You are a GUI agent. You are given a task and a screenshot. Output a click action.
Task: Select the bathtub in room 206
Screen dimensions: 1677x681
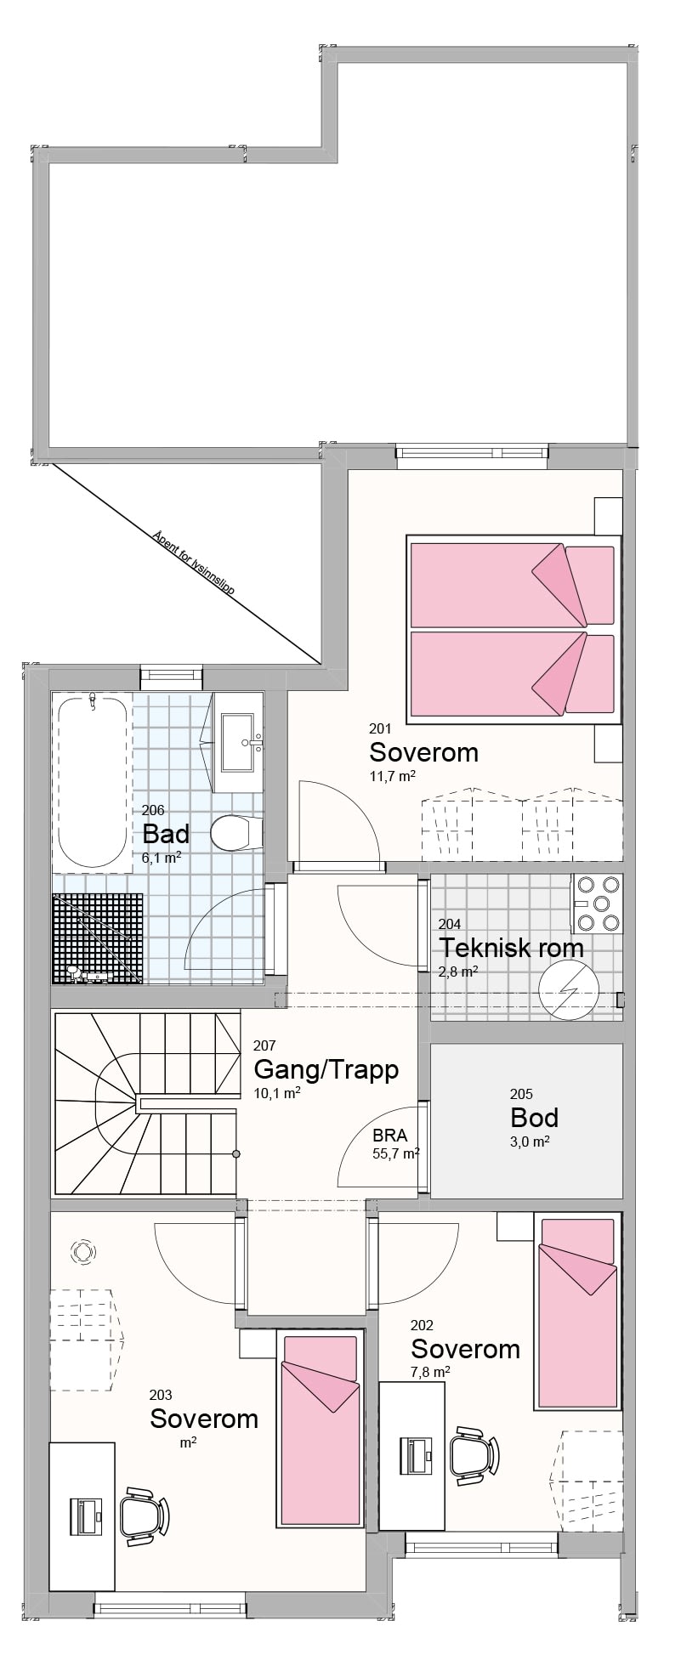tap(92, 780)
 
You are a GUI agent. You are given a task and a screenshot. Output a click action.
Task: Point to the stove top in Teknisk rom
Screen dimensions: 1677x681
tap(597, 904)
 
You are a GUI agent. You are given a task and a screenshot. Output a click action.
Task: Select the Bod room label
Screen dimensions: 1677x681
tap(534, 1117)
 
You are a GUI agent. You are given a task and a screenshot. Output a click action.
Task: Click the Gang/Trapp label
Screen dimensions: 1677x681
tap(326, 1068)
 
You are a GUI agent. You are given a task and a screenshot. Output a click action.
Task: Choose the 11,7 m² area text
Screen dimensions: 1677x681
tap(392, 776)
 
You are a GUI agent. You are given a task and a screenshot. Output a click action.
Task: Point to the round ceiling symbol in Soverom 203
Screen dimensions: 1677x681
tap(83, 1252)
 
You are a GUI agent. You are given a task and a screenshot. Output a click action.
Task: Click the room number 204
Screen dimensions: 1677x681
tap(450, 925)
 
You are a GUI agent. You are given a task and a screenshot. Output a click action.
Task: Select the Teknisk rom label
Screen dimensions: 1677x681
tap(511, 947)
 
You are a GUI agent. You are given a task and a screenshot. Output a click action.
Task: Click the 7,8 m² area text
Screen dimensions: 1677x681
tap(429, 1372)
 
